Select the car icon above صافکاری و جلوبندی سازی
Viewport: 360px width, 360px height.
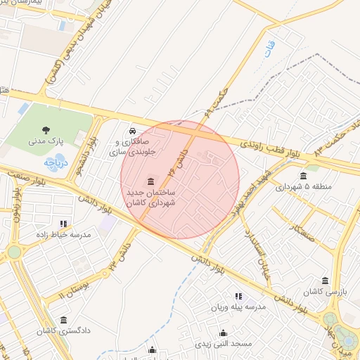click(132, 131)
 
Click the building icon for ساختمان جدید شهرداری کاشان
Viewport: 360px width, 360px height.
click(151, 182)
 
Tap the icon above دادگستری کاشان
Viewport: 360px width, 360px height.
click(64, 319)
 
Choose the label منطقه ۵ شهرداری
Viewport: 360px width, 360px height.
click(303, 187)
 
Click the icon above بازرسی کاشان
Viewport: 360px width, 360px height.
click(327, 279)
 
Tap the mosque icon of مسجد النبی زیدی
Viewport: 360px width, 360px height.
click(224, 333)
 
